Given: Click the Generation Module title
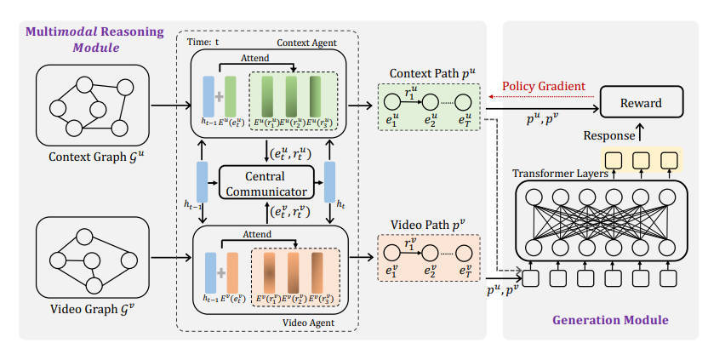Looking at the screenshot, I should pos(610,320).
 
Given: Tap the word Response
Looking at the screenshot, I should pos(608,135).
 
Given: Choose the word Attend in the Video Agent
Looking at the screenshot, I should pos(259,232).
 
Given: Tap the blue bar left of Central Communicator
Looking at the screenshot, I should pos(203,181).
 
